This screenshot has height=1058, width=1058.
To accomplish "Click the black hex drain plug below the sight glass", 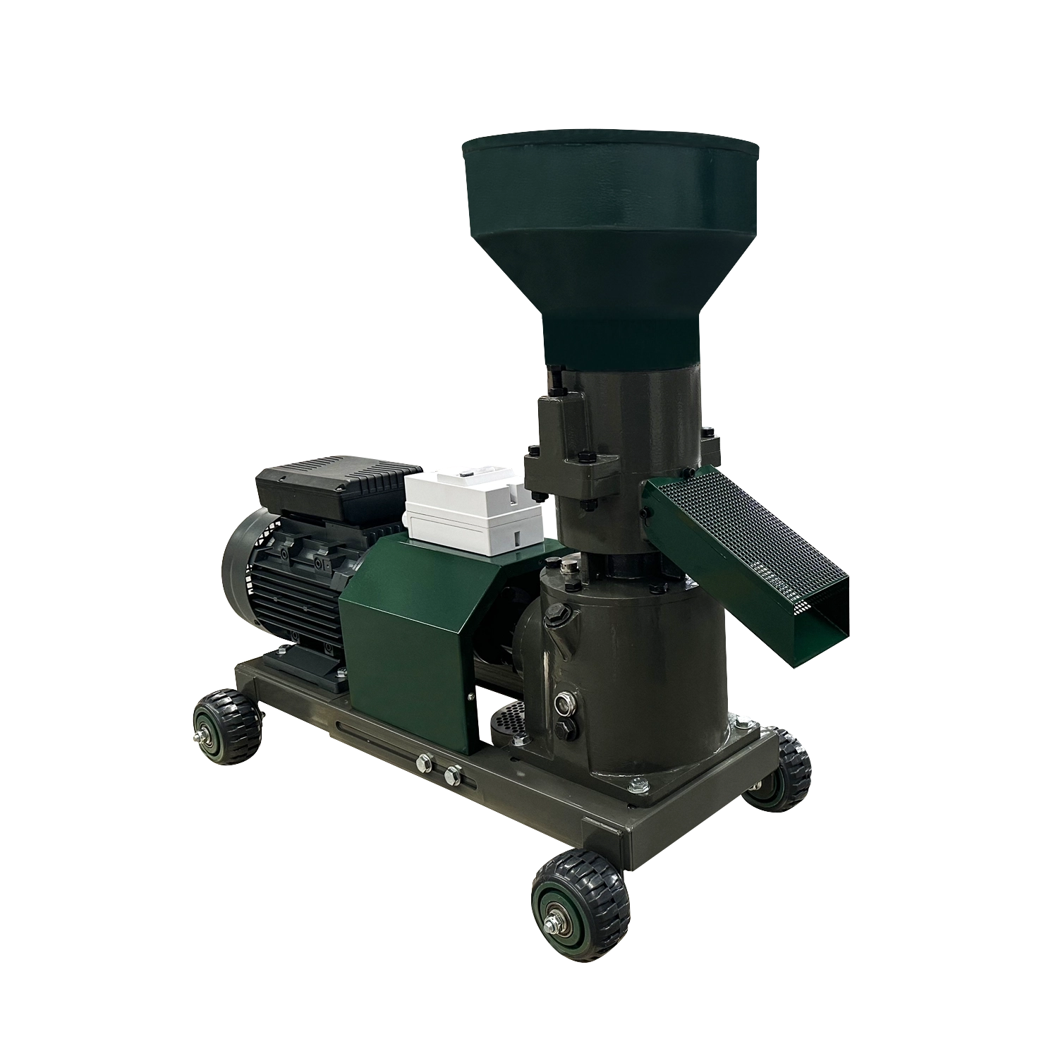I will tap(565, 731).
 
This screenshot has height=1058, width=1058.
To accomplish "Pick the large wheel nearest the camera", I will tap(577, 894).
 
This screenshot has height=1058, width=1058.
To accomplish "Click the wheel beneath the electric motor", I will tap(227, 725).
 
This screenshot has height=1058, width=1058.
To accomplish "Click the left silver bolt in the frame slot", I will tap(425, 761).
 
